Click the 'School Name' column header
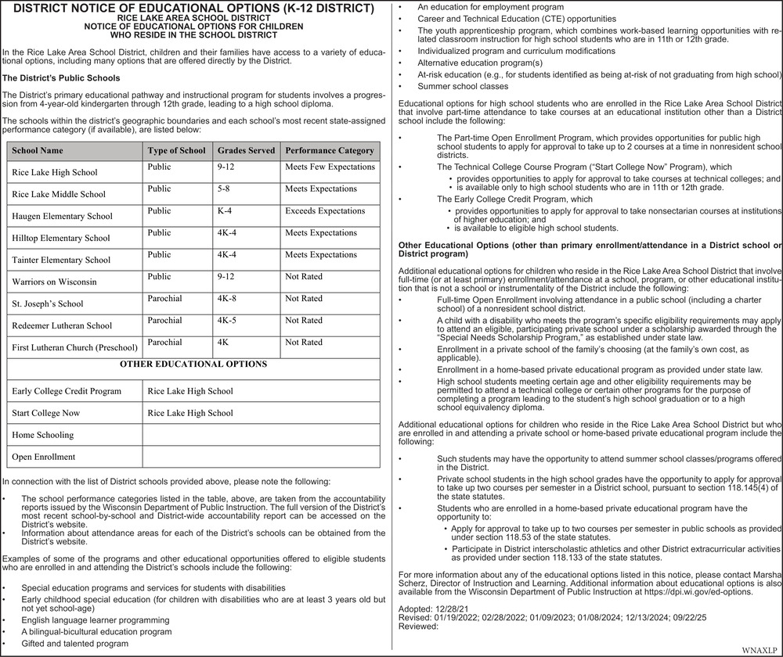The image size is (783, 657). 38,150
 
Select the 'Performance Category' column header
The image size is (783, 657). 329,150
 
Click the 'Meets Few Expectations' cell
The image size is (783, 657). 330,167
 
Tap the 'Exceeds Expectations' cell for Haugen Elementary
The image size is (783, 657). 325,211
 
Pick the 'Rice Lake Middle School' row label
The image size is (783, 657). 59,194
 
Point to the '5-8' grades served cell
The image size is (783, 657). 225,189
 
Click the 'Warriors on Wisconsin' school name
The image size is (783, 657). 55,282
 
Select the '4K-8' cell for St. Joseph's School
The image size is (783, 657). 227,299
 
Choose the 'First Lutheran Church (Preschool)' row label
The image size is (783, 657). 74,347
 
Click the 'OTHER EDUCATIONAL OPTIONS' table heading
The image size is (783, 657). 193,364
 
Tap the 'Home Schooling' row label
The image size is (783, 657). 43,435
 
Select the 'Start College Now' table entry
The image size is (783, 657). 45,413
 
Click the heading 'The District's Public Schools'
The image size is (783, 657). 62,78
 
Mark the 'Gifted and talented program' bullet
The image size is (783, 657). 75,644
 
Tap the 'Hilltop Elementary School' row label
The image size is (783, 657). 61,238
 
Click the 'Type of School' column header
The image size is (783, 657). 176,150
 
